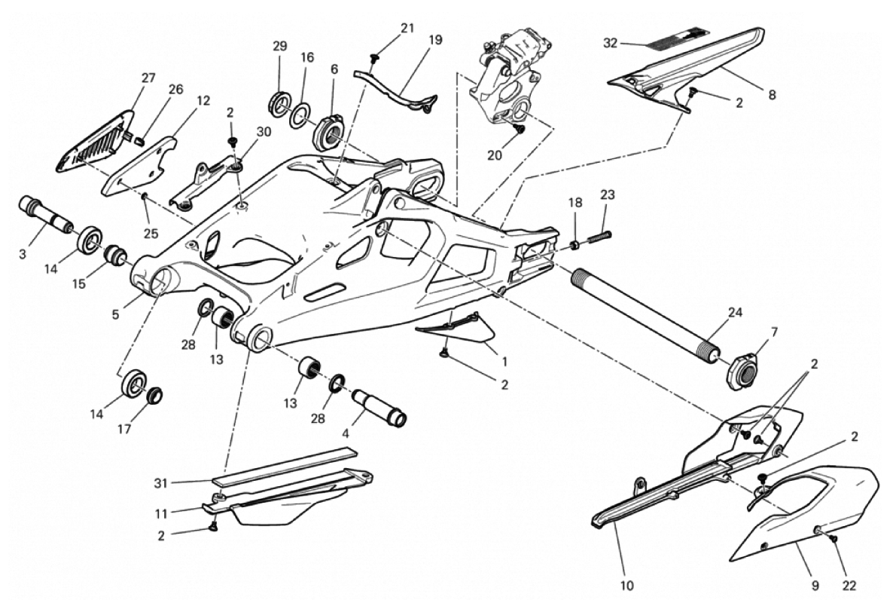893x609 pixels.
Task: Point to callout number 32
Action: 610,43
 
